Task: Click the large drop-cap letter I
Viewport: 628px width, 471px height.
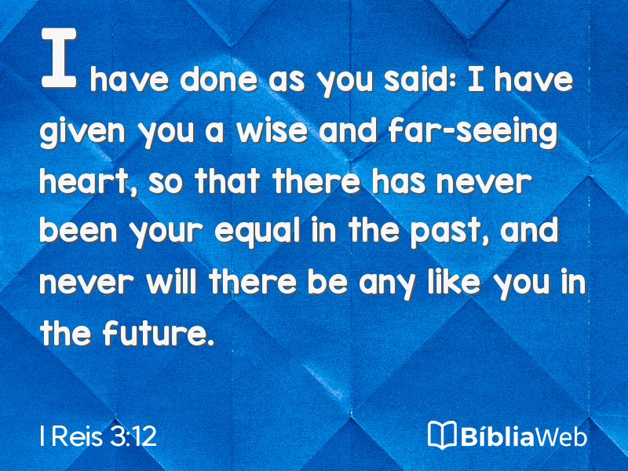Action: pyautogui.click(x=59, y=57)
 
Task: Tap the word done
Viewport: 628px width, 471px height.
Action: pyautogui.click(x=219, y=80)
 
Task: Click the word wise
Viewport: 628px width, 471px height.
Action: pyautogui.click(x=272, y=130)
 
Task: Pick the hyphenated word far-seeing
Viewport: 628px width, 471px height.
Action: pyautogui.click(x=473, y=132)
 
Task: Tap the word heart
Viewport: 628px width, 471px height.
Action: pyautogui.click(x=86, y=182)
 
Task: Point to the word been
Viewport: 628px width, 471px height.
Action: pyautogui.click(x=78, y=230)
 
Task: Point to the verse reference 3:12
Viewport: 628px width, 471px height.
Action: pyautogui.click(x=133, y=436)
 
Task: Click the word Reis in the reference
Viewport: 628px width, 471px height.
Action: pyautogui.click(x=76, y=436)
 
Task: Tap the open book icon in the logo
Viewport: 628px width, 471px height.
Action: pyautogui.click(x=442, y=435)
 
